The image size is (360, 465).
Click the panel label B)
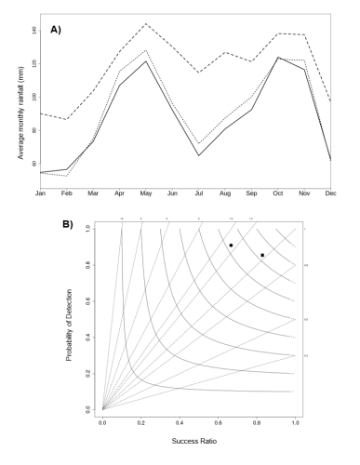pos(68,224)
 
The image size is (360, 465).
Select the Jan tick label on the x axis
pos(40,193)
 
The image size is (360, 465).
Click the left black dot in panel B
pos(231,246)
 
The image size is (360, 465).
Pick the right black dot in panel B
pos(262,255)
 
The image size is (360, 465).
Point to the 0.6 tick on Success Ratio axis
pos(219,421)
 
